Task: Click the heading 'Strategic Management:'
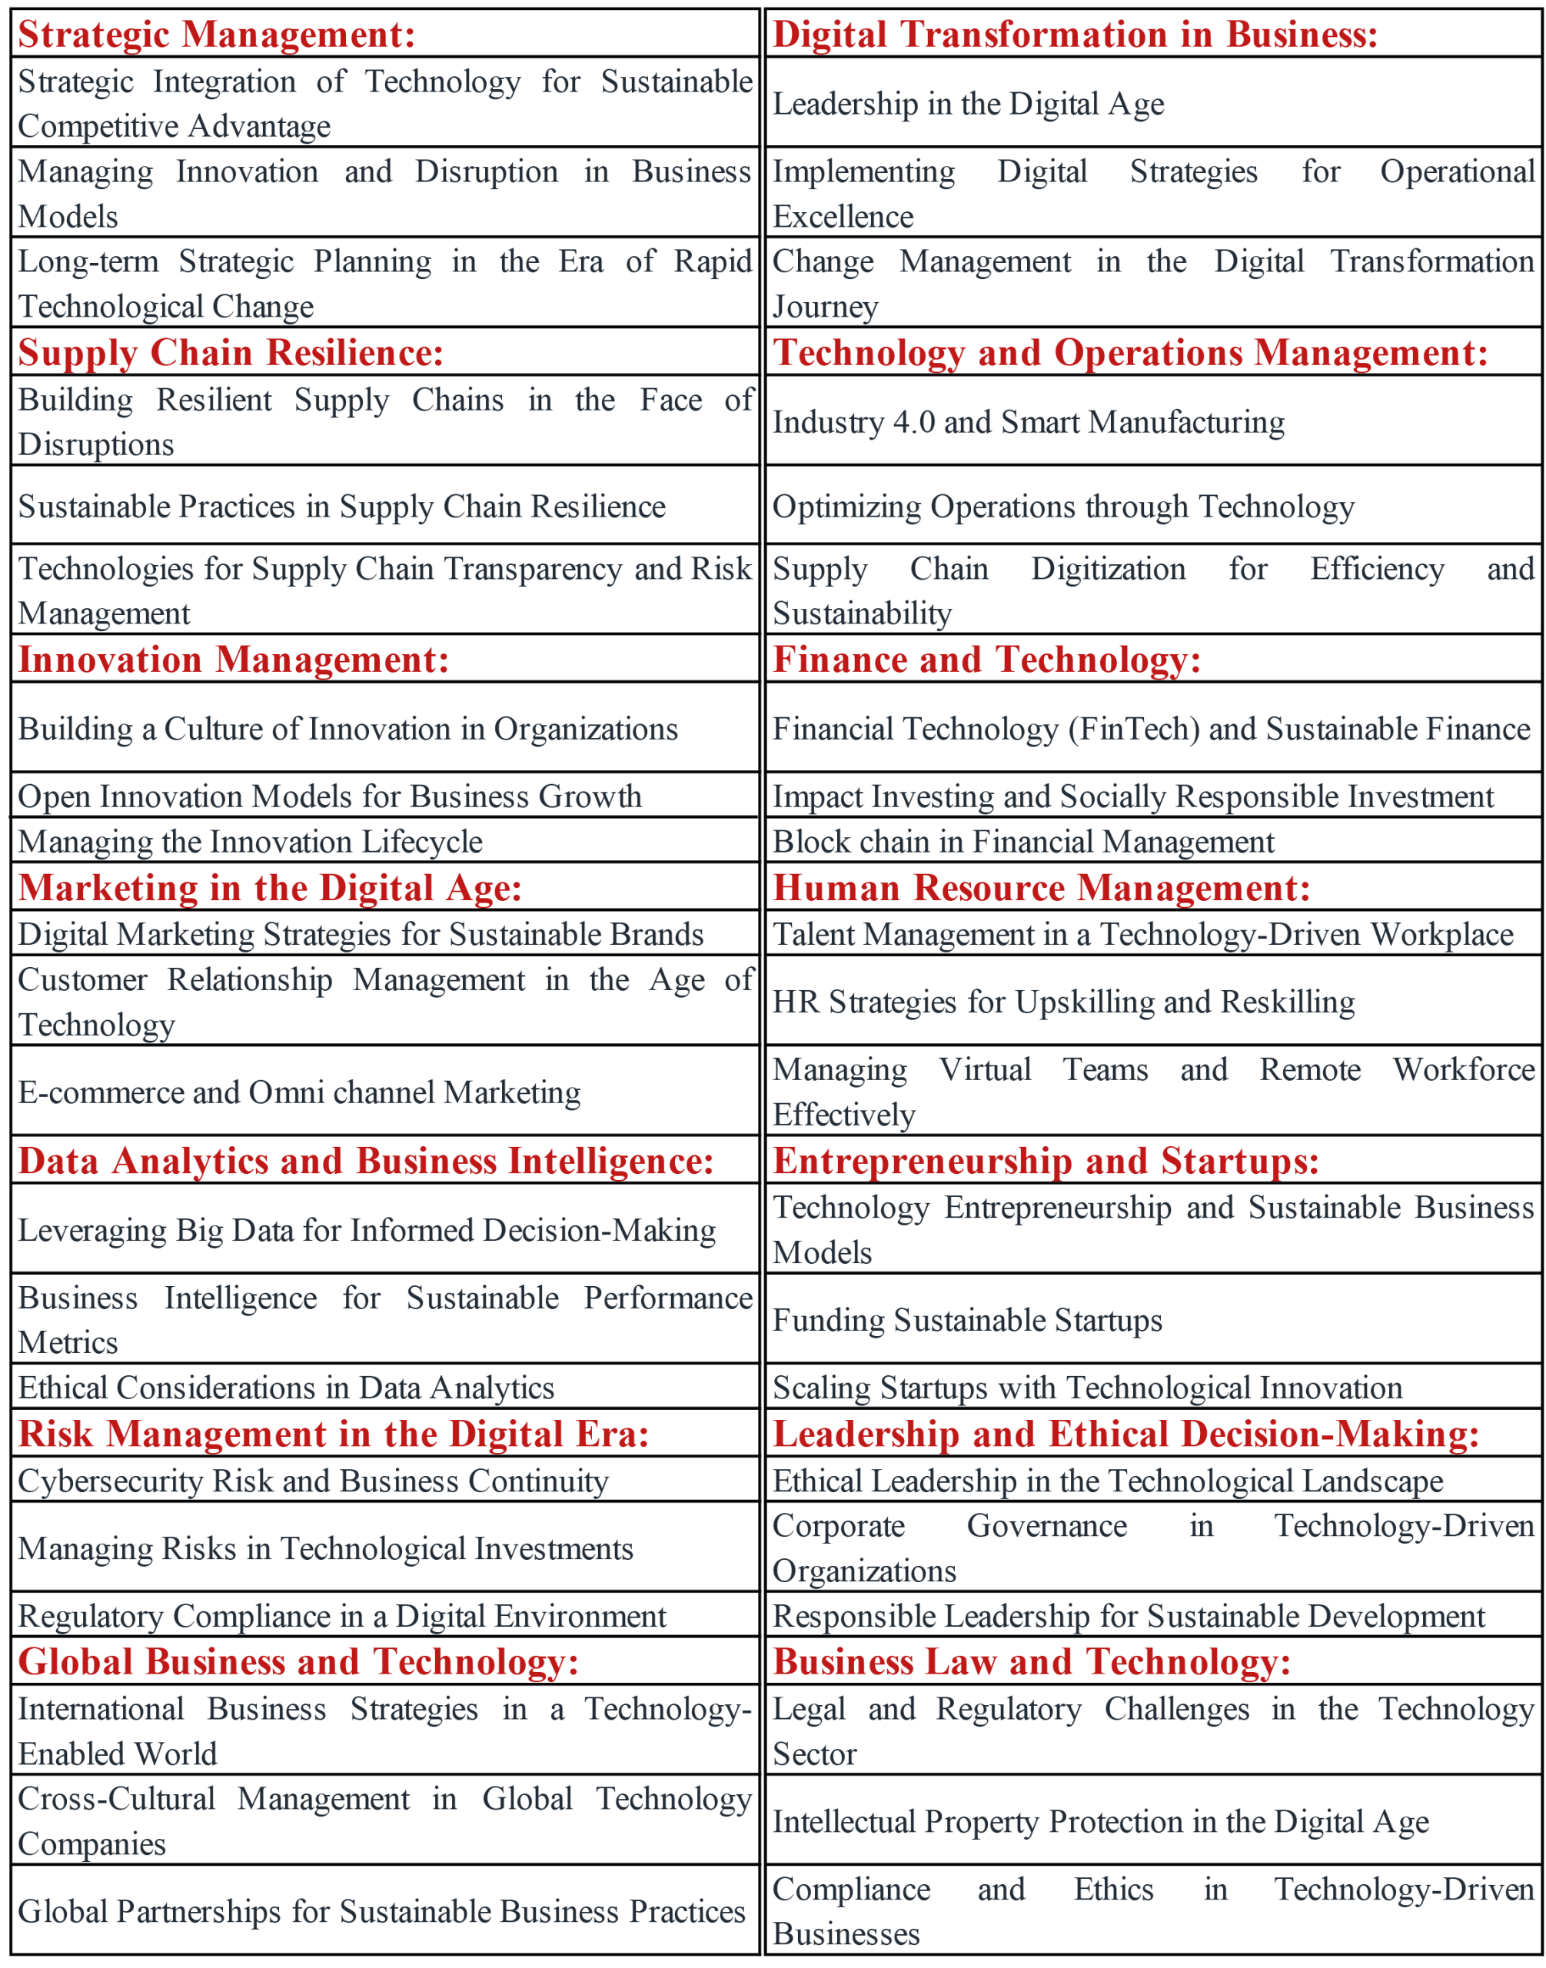[x=216, y=35]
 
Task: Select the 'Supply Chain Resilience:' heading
[x=231, y=352]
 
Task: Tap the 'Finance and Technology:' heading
[x=986, y=659]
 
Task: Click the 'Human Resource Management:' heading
[x=1041, y=887]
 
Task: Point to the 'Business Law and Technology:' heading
[x=1031, y=1661]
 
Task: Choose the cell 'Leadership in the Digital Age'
[x=968, y=103]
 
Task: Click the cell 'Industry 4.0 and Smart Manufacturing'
[x=1029, y=422]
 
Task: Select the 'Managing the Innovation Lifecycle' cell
[x=250, y=841]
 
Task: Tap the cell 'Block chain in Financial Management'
[x=1022, y=841]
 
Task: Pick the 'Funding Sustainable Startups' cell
[x=966, y=1320]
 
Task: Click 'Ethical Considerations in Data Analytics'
[x=286, y=1387]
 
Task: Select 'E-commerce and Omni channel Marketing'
[x=300, y=1092]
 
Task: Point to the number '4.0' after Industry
[x=914, y=422]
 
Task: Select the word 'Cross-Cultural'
[x=117, y=1798]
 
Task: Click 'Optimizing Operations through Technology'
[x=1062, y=506]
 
